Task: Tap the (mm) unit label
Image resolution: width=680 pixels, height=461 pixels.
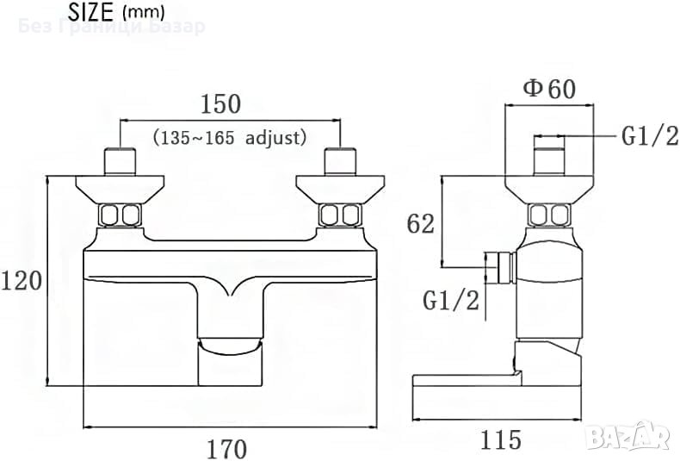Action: [144, 13]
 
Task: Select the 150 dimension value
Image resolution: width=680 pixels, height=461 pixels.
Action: [219, 104]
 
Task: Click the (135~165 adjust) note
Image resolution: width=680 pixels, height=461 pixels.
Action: [230, 138]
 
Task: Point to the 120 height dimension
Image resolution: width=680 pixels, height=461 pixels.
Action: [22, 280]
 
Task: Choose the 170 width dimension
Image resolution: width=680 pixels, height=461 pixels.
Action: [226, 449]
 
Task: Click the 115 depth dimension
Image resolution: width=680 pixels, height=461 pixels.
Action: [500, 440]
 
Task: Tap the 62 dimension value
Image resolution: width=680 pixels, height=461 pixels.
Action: [420, 224]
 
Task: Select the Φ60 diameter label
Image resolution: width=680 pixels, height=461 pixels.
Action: [549, 89]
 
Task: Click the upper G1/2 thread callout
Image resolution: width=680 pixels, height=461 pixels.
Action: [650, 137]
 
